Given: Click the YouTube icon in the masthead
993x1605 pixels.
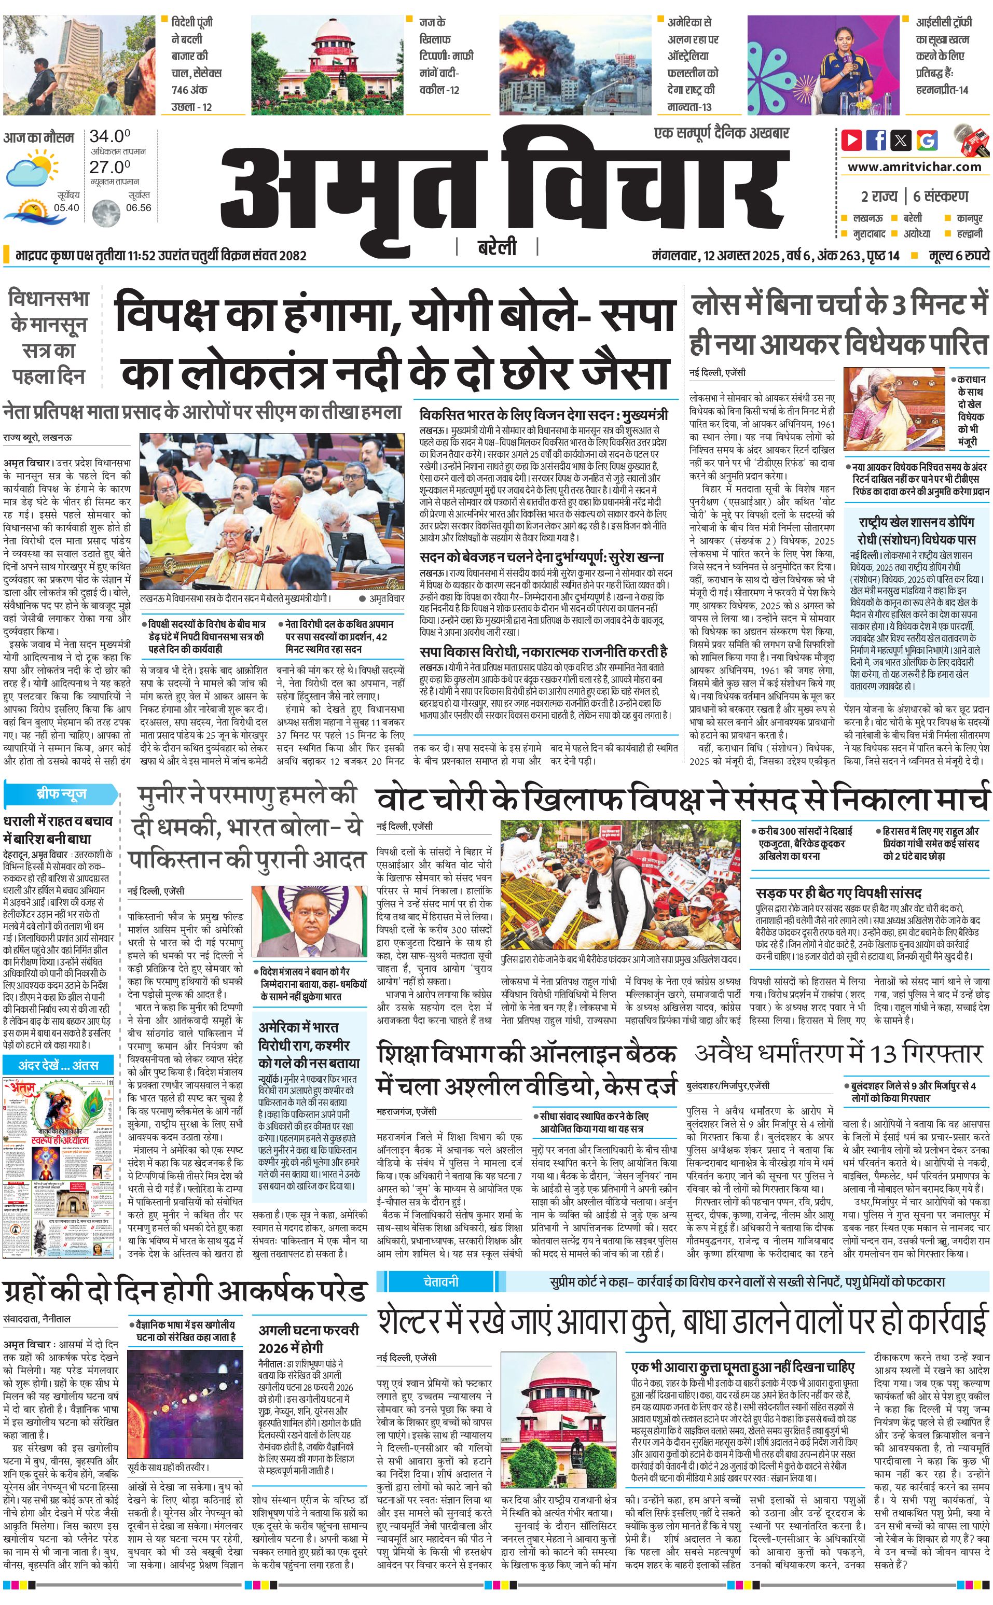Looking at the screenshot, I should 852,140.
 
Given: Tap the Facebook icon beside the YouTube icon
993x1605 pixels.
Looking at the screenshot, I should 876,140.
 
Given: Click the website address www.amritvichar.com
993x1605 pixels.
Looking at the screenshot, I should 914,167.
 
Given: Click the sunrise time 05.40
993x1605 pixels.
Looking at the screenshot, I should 66,207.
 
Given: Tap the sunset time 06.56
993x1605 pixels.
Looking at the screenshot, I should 139,207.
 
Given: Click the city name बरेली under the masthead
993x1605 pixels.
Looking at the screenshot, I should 497,247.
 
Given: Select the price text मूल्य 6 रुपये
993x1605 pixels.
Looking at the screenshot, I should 958,255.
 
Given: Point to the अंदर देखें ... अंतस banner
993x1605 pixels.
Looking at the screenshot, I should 59,1065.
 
